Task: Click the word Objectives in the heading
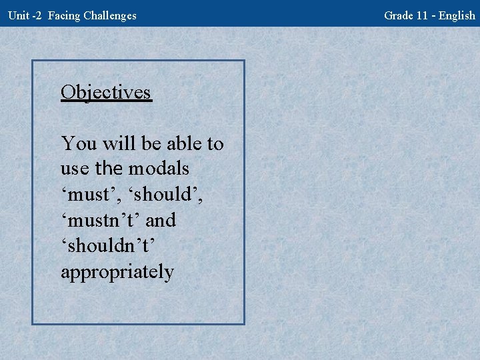pyautogui.click(x=106, y=92)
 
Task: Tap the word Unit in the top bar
pyautogui.click(x=18, y=15)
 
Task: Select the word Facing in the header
pyautogui.click(x=65, y=15)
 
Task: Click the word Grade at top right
pyautogui.click(x=398, y=15)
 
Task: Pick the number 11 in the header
pyautogui.click(x=422, y=15)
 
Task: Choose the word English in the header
pyautogui.click(x=457, y=15)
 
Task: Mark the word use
pyautogui.click(x=74, y=169)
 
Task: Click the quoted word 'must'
pyautogui.click(x=89, y=195)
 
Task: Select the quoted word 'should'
pyautogui.click(x=167, y=195)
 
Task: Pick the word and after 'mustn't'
pyautogui.click(x=161, y=221)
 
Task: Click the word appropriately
pyautogui.click(x=117, y=273)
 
